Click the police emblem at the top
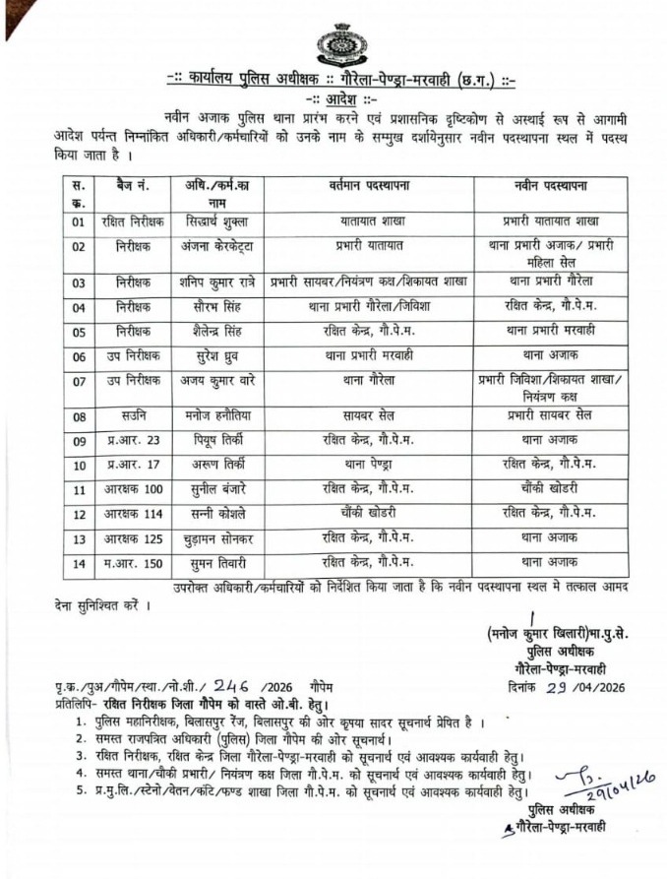(333, 43)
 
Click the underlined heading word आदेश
(333, 99)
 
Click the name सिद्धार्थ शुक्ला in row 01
(219, 221)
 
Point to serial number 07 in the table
(79, 381)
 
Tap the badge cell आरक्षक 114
(134, 513)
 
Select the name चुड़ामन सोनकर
(219, 538)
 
